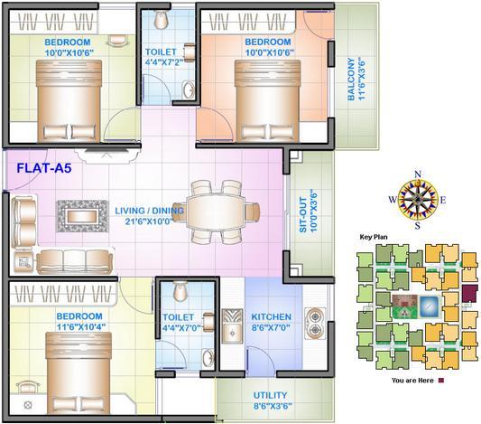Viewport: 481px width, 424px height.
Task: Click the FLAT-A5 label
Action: (x=44, y=168)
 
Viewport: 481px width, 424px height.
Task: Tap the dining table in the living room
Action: (x=216, y=212)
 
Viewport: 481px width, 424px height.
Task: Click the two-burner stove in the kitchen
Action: (x=314, y=323)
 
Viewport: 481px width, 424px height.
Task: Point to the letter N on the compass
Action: (x=418, y=174)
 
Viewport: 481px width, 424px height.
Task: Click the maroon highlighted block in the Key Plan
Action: (x=470, y=293)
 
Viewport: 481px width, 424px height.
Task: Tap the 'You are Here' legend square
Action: (x=441, y=381)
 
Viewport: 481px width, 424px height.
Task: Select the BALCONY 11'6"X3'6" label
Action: (x=356, y=80)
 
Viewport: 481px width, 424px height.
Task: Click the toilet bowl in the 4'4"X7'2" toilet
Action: (x=161, y=19)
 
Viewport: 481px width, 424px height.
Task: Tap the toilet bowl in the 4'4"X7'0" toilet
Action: (x=180, y=291)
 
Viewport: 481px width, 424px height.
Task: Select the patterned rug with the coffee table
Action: (x=83, y=216)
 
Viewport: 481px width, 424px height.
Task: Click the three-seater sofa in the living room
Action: (x=75, y=261)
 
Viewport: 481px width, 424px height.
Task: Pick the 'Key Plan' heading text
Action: (x=374, y=237)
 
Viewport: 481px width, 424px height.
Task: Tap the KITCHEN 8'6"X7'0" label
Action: (x=271, y=322)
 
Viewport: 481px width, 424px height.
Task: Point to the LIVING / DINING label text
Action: (x=150, y=211)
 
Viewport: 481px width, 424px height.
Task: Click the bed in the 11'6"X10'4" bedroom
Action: (x=79, y=372)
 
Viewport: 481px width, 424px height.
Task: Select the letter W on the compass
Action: (x=393, y=200)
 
